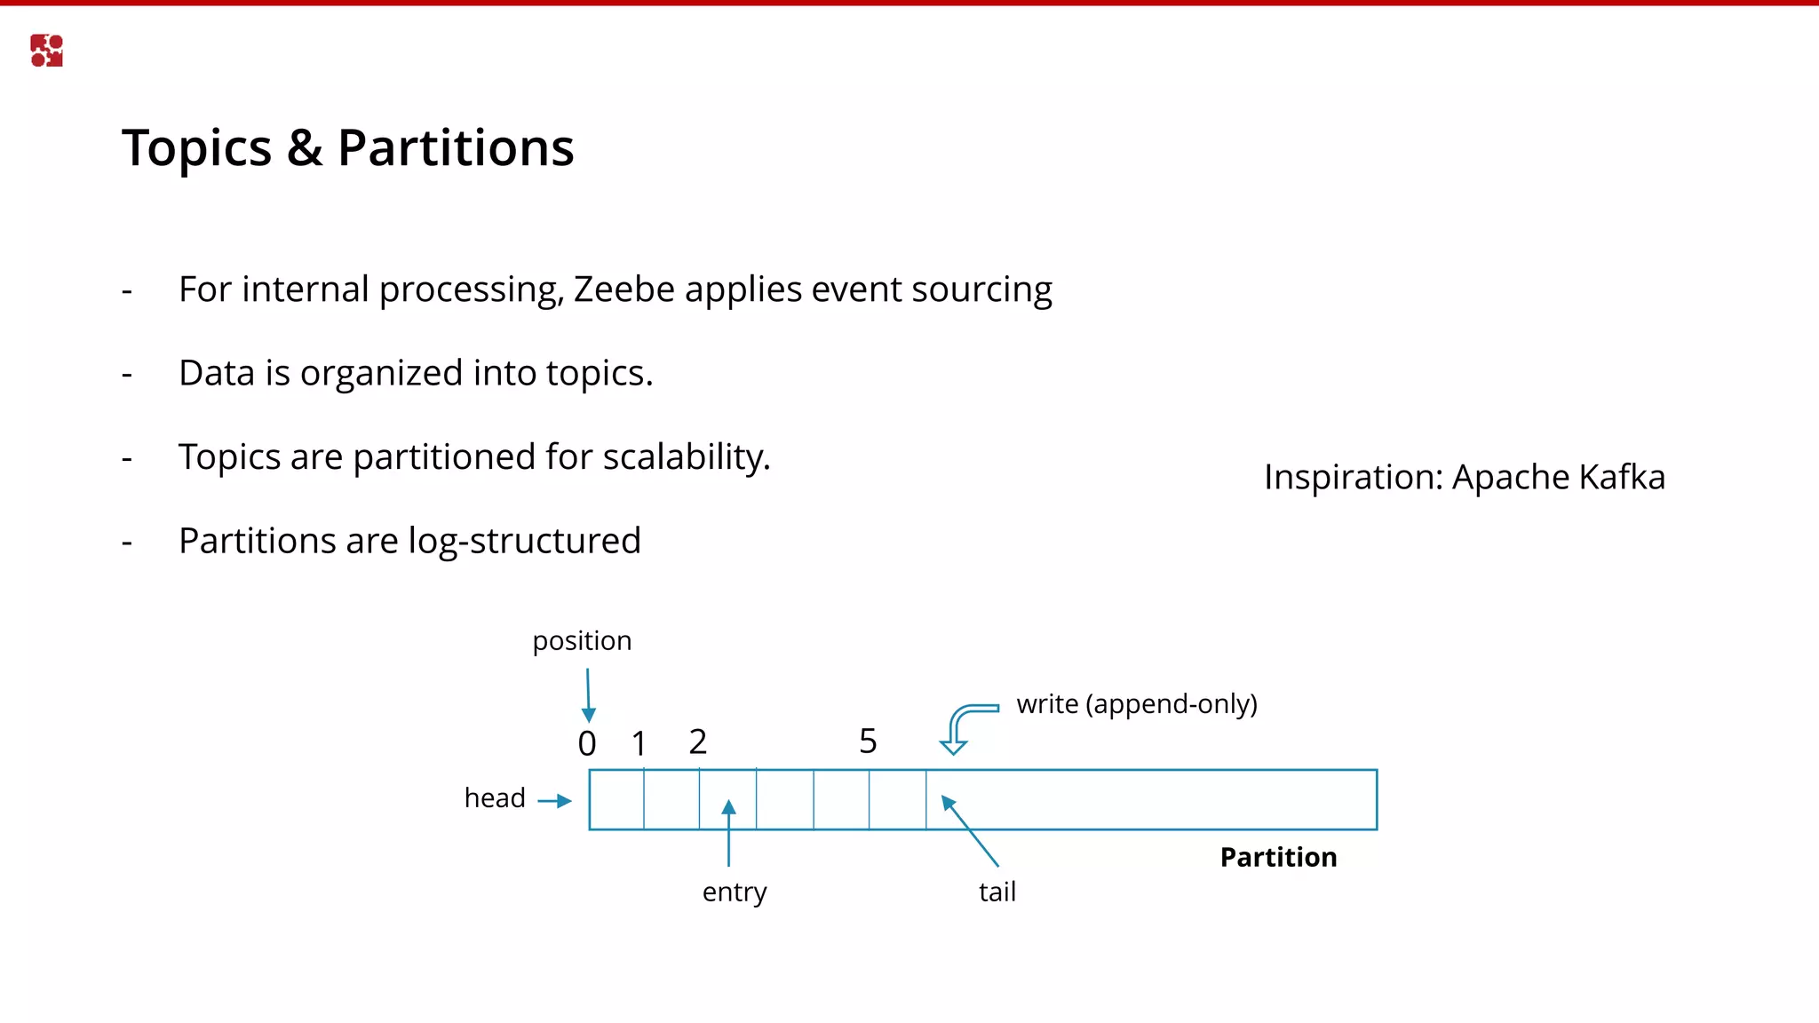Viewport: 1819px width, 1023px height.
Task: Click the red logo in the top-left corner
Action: (46, 51)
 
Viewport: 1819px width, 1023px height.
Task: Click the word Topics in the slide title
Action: (197, 148)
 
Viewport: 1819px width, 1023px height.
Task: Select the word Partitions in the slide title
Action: (456, 148)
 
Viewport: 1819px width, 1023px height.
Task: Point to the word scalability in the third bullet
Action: (686, 457)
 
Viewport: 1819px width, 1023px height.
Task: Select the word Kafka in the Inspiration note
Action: (1622, 478)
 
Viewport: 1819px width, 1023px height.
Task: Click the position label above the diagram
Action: (582, 641)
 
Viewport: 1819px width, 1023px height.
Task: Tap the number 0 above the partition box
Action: (587, 743)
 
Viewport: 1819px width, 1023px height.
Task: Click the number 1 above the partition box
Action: (639, 743)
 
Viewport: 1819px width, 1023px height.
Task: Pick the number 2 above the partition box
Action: (698, 741)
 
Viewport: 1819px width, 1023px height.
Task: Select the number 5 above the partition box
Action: (868, 741)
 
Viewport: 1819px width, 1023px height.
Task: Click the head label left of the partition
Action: (495, 798)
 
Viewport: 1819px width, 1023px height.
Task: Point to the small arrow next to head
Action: (555, 801)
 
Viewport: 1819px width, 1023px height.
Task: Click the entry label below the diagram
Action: (735, 892)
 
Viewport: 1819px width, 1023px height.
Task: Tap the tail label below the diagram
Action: (997, 892)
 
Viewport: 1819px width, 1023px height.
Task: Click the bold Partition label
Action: (1278, 858)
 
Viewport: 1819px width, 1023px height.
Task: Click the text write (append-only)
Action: (1137, 704)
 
